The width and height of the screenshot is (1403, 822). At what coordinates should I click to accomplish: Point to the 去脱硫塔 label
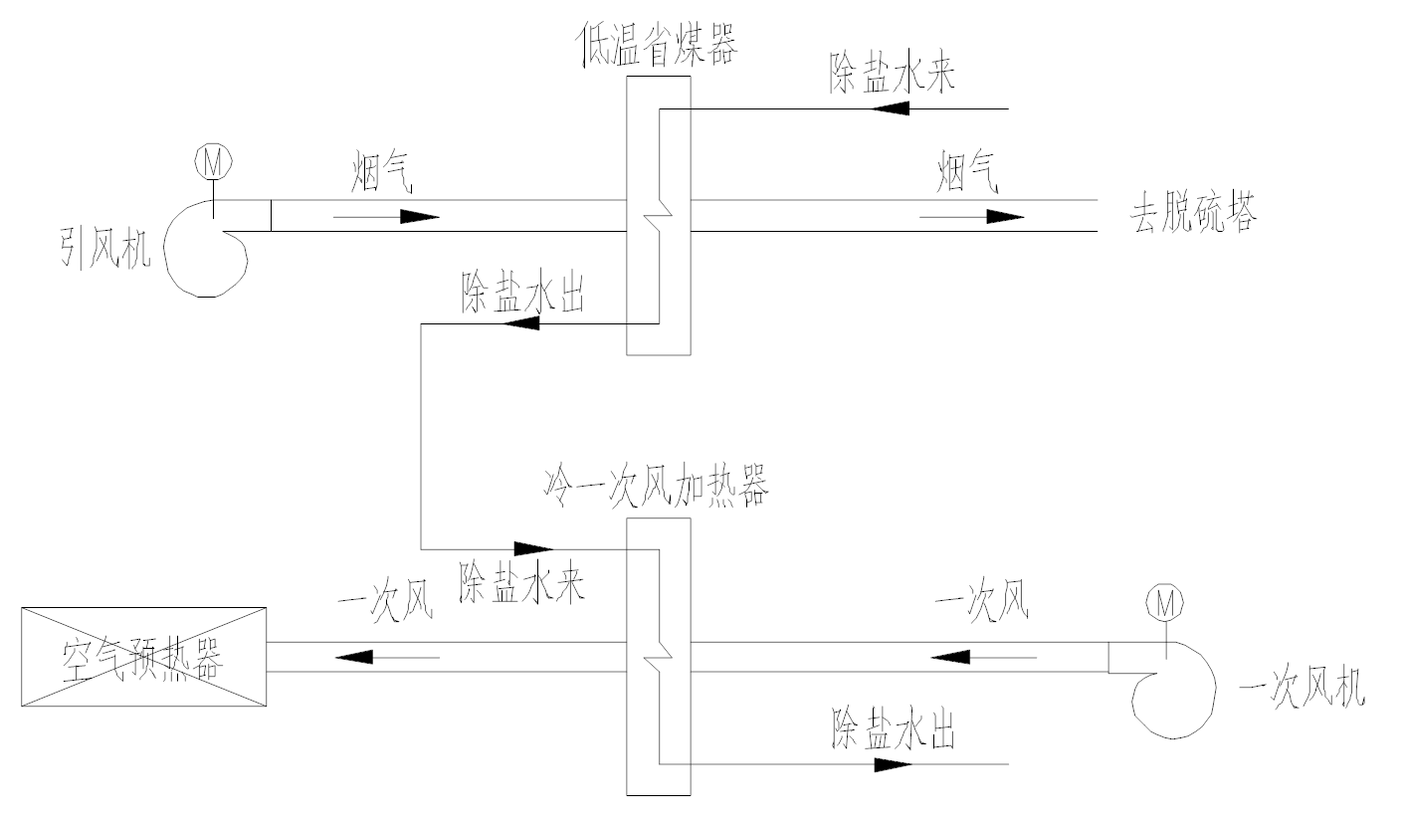1192,215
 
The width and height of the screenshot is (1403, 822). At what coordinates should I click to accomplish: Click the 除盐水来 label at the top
893,76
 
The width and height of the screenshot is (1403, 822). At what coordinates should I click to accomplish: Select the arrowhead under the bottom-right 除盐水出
894,764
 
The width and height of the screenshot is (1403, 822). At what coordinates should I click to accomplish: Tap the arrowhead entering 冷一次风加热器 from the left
533,548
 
